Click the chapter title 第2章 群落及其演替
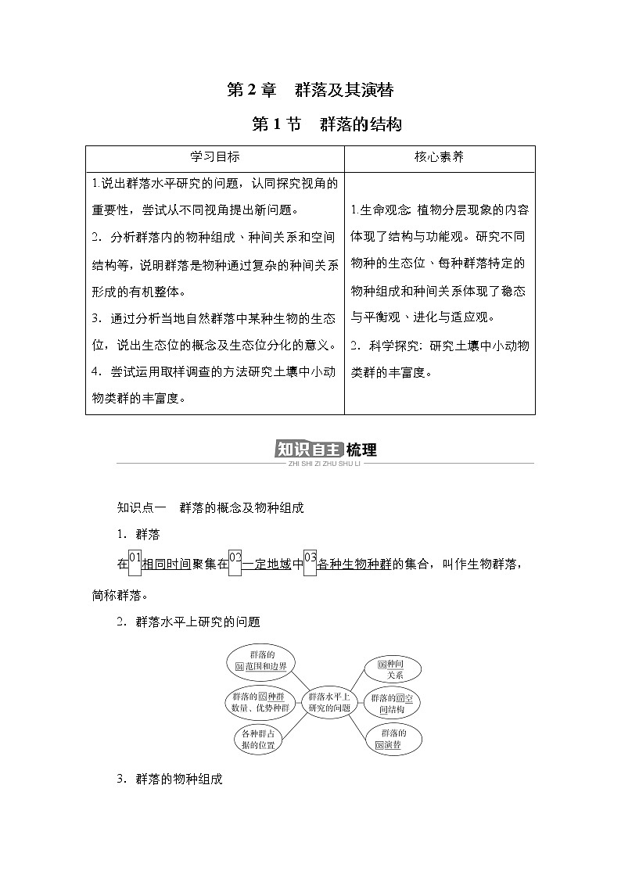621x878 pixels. coord(310,90)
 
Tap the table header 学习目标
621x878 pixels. coord(214,156)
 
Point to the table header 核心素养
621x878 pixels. coord(439,156)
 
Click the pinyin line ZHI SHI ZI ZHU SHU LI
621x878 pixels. coord(325,464)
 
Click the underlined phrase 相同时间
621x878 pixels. coord(167,564)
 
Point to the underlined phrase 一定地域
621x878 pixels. coord(267,564)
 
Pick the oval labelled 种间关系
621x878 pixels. coord(389,668)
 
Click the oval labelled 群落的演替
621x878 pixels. coord(393,739)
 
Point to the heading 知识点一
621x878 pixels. coord(137,507)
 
